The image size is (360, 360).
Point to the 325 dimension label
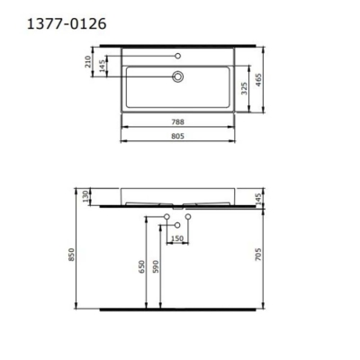click(x=244, y=88)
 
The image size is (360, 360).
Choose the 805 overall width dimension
click(x=179, y=137)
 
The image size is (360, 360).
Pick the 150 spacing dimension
click(x=178, y=238)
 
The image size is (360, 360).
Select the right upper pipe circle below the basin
click(x=190, y=218)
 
